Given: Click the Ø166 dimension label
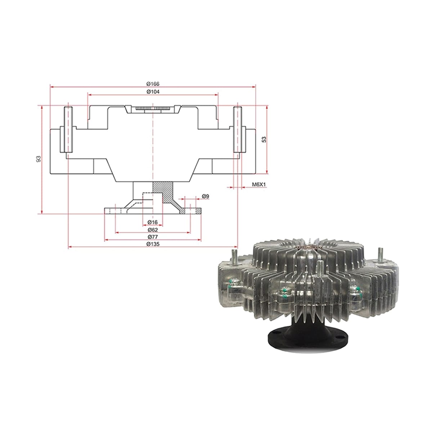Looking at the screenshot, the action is (x=153, y=84).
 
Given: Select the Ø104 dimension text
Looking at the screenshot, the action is (x=153, y=92).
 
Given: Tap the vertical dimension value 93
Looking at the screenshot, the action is (x=39, y=159).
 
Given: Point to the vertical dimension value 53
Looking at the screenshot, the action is (x=265, y=139).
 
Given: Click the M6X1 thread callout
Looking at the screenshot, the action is (x=259, y=185).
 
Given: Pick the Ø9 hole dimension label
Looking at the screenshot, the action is (x=206, y=196).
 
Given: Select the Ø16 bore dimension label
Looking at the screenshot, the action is (x=153, y=222).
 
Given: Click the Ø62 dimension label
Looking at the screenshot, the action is (x=153, y=230).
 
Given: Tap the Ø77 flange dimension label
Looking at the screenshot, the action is (x=153, y=237).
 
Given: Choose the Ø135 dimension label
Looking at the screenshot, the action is (x=153, y=244).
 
